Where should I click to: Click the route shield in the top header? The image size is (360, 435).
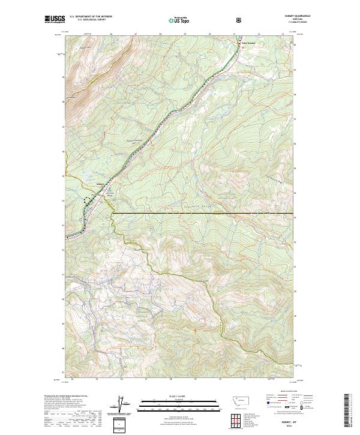[x=240, y=20]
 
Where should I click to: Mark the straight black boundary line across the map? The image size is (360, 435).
[x=204, y=213]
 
